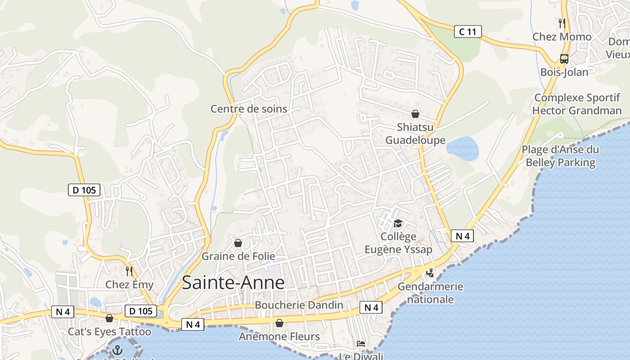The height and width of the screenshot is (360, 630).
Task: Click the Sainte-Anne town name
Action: pyautogui.click(x=233, y=283)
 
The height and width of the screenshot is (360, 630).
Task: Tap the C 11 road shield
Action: pyautogui.click(x=468, y=31)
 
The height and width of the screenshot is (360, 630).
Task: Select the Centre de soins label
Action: pyautogui.click(x=249, y=108)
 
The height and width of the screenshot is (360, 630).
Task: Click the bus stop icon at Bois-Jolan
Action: pyautogui.click(x=564, y=58)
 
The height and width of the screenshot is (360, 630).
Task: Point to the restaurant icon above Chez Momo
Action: pyautogui.click(x=562, y=23)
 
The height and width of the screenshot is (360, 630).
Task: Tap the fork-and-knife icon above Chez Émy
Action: pyautogui.click(x=129, y=271)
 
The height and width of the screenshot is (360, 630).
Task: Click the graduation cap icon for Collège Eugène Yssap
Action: pyautogui.click(x=398, y=223)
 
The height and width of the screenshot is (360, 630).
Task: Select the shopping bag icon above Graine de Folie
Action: pyautogui.click(x=238, y=243)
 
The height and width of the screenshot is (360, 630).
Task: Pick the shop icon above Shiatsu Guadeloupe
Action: pyautogui.click(x=415, y=114)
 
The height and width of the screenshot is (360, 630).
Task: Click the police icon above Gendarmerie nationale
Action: pyautogui.click(x=430, y=272)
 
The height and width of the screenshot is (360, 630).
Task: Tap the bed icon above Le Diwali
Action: pyautogui.click(x=360, y=344)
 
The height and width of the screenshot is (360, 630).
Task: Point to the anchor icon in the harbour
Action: pyautogui.click(x=117, y=350)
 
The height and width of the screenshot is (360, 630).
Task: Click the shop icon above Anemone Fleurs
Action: pyautogui.click(x=279, y=323)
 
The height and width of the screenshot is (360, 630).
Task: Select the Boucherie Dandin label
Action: pyautogui.click(x=299, y=305)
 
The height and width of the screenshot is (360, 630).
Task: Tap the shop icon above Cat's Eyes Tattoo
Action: pyautogui.click(x=109, y=318)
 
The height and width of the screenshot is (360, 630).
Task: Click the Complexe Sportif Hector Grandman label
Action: pyautogui.click(x=577, y=104)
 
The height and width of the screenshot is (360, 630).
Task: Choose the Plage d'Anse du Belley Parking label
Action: pyautogui.click(x=560, y=156)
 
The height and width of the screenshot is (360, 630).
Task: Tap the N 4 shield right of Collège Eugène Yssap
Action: pyautogui.click(x=462, y=236)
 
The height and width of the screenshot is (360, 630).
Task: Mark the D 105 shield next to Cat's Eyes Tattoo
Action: pyautogui.click(x=140, y=311)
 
